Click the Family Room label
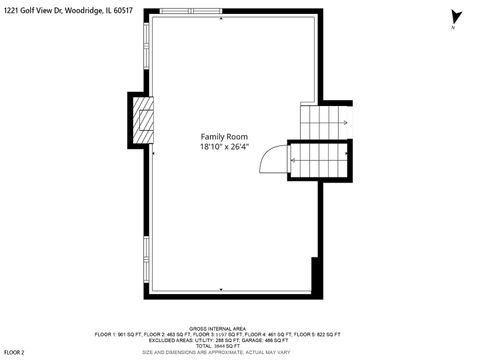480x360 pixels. [x=223, y=137]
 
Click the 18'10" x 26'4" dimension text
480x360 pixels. [x=223, y=147]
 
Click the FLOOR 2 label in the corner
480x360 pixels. [x=14, y=352]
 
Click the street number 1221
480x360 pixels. [x=11, y=12]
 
